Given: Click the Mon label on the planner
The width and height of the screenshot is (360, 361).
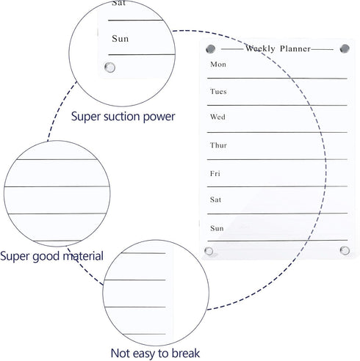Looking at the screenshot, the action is coord(218,65).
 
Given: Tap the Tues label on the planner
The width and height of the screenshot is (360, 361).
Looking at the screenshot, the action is coord(218,92).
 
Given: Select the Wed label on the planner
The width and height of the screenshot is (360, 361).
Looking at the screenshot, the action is coord(217,117).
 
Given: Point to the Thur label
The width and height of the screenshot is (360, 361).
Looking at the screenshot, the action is coord(218,145).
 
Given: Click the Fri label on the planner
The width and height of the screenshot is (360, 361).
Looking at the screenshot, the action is coord(215,173).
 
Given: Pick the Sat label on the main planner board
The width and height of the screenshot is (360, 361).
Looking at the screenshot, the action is coord(215,200).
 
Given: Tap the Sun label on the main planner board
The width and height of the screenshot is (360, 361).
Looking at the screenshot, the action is coord(217,228).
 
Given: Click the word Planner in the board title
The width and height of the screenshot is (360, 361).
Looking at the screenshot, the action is coord(295,48).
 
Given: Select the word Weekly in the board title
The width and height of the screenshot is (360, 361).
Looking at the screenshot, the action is coord(260,48).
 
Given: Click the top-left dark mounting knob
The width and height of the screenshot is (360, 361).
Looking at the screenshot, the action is coord(210,49).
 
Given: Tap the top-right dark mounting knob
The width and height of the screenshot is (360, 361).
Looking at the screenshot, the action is coord(345,48).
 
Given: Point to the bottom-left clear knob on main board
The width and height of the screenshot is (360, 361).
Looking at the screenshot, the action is coord(209,251).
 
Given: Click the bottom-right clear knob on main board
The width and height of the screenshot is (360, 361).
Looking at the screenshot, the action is coord(345,250).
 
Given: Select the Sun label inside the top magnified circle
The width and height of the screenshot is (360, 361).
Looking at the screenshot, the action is coord(120,39).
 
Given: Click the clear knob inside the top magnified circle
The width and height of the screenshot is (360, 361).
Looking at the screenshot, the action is coord(109,68).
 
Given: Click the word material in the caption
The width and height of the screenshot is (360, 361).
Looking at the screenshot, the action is coord(83,256).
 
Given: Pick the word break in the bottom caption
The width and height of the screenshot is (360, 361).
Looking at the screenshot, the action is coord(186,353).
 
